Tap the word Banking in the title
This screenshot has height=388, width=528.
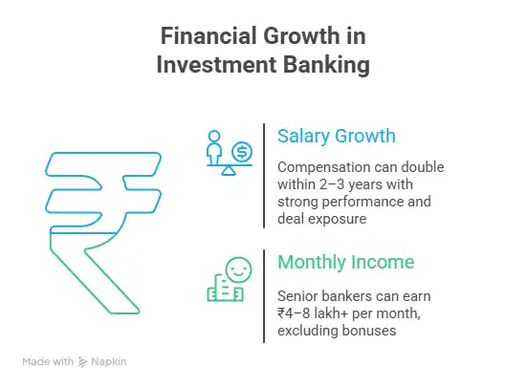tap(324, 67)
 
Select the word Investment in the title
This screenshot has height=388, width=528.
tap(221, 67)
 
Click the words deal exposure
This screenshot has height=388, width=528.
tap(323, 219)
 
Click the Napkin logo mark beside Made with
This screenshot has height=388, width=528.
tap(82, 362)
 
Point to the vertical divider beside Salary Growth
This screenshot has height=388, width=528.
tap(264, 175)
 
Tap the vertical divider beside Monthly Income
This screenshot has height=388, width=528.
tap(264, 295)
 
